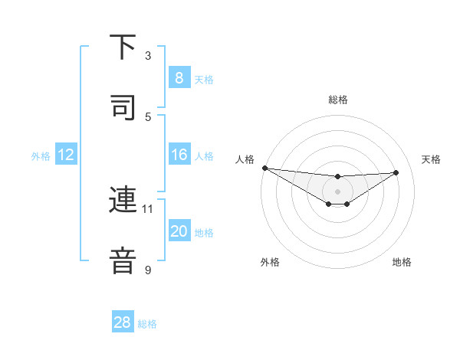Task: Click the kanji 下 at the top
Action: [123, 48]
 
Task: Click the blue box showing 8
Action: [179, 78]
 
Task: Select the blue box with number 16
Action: [179, 155]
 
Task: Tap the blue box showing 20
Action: [179, 231]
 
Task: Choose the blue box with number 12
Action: [66, 155]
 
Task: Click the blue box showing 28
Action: [123, 322]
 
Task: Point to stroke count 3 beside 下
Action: [148, 56]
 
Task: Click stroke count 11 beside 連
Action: [148, 208]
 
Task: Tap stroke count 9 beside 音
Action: [148, 270]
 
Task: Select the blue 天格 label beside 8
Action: [204, 79]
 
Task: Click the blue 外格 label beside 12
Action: [41, 155]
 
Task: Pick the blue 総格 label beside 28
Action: [147, 323]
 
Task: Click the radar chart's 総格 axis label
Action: [338, 100]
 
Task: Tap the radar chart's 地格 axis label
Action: [402, 262]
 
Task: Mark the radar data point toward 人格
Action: [264, 168]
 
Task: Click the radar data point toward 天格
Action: [396, 172]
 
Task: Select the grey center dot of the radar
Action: [338, 191]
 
